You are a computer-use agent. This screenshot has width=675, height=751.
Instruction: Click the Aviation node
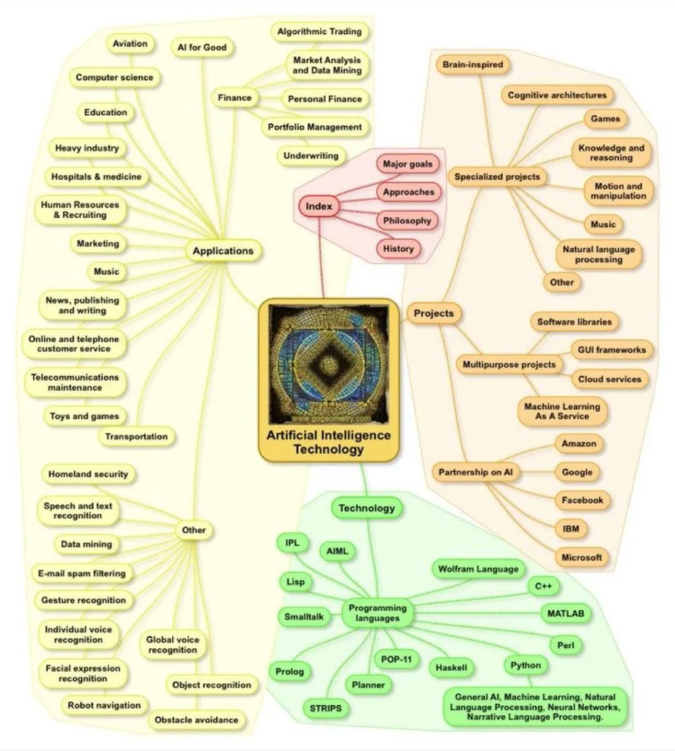click(130, 44)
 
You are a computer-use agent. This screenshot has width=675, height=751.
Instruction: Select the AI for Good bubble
click(202, 48)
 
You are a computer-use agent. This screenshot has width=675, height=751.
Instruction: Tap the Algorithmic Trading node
click(319, 31)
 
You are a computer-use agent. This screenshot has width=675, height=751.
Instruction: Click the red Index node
click(319, 206)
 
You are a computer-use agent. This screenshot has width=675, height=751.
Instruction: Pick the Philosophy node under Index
click(407, 220)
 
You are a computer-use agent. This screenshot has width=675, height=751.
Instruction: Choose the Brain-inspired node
click(472, 64)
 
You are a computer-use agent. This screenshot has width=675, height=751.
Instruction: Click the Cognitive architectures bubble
click(557, 95)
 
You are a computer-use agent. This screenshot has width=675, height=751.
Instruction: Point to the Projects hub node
click(433, 313)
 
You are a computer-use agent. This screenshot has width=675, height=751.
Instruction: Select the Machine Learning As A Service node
click(562, 411)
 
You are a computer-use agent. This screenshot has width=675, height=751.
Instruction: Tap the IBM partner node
click(570, 529)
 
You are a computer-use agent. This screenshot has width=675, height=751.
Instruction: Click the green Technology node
click(366, 508)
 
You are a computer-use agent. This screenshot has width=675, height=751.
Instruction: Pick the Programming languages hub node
click(377, 613)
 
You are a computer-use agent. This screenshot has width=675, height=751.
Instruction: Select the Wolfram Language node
click(478, 569)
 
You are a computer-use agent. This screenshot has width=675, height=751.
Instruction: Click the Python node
click(525, 665)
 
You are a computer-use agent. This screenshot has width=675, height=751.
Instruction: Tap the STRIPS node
click(326, 708)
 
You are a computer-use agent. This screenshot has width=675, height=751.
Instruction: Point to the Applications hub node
click(223, 251)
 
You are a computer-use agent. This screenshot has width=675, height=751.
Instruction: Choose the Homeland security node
click(88, 474)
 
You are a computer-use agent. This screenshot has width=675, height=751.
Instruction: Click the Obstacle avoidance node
click(196, 720)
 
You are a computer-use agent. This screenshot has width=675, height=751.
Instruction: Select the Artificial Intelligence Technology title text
click(328, 442)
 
